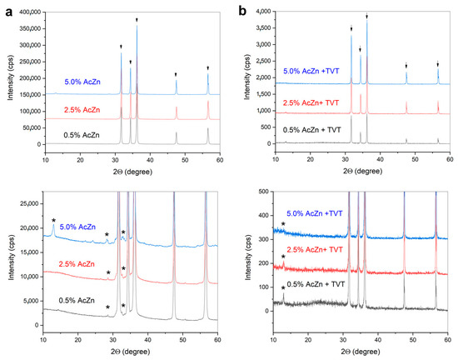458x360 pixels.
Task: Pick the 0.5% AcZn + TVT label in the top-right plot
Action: [312, 129]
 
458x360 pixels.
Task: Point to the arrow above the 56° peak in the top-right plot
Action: [438, 64]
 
